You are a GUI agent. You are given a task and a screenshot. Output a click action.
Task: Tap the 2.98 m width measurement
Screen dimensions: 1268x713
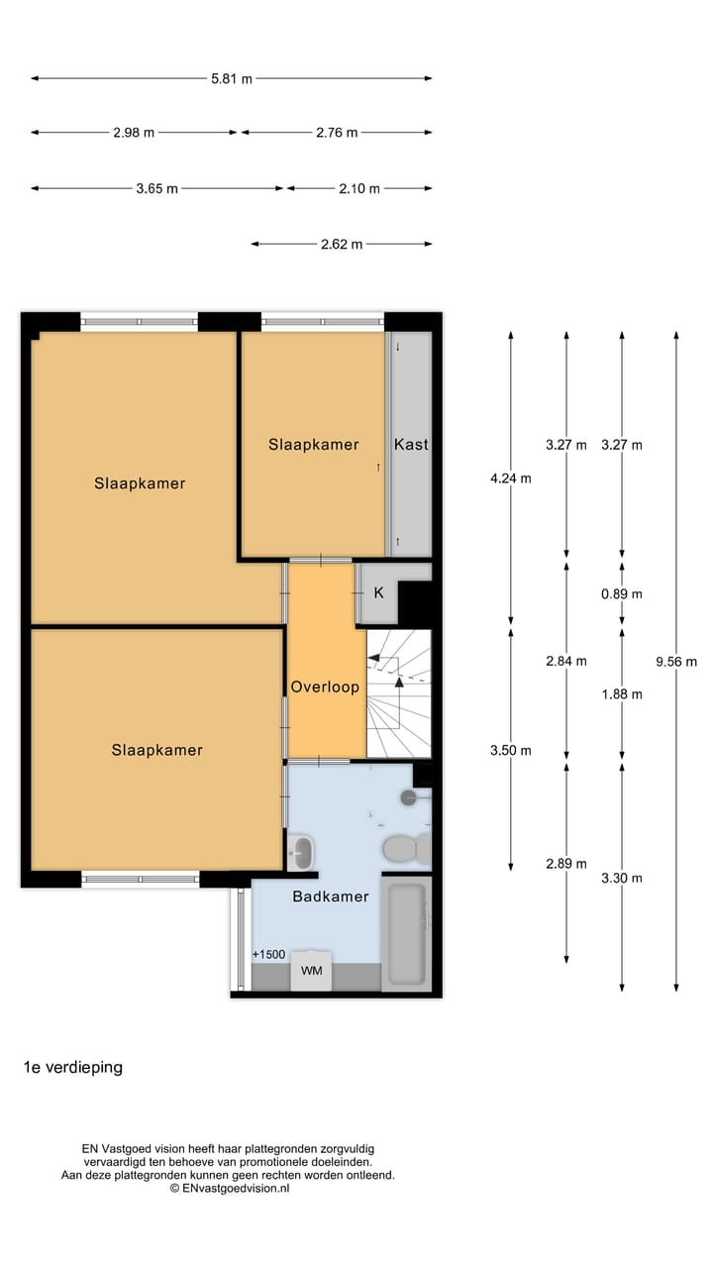point(134,133)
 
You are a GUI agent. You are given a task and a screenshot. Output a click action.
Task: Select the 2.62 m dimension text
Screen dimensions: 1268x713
point(342,244)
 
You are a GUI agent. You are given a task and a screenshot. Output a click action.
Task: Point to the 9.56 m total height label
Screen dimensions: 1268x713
point(677,662)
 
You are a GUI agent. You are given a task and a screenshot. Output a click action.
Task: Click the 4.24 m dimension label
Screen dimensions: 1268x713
point(511,478)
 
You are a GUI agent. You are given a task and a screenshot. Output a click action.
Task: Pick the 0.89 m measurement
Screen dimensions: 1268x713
point(622,594)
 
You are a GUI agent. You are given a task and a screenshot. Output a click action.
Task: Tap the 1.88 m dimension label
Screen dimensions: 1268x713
point(622,694)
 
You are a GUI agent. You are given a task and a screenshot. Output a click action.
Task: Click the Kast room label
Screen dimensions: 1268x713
point(411,445)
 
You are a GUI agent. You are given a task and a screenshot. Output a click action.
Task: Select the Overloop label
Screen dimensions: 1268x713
point(325,687)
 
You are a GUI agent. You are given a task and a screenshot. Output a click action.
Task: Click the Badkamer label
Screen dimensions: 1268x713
point(331,897)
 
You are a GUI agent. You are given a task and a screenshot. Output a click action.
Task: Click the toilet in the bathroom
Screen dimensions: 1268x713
point(404,849)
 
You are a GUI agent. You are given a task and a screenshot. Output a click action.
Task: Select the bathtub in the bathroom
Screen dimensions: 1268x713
point(406,933)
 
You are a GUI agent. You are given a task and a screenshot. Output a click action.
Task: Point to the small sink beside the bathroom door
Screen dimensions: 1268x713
point(300,851)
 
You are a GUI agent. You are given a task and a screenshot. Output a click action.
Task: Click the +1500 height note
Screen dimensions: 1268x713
point(268,955)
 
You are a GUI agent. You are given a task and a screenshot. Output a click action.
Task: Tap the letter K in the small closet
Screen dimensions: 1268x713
point(378,593)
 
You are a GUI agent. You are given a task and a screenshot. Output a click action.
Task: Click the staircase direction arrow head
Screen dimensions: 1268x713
point(400,682)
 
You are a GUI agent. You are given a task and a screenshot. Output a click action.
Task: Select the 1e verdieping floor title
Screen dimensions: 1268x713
point(73,1068)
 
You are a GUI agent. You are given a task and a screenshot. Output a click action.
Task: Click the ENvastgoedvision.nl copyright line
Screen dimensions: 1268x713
point(229,1188)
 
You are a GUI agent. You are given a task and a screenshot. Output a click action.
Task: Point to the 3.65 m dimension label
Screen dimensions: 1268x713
point(157,188)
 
